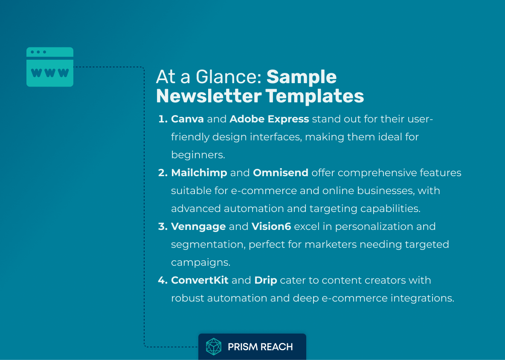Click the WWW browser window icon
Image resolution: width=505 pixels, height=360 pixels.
[50, 67]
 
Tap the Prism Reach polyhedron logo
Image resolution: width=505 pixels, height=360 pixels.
[214, 347]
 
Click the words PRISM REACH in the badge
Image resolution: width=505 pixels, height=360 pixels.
[260, 347]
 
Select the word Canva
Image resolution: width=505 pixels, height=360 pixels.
[187, 119]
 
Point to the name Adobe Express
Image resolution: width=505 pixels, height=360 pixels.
[269, 119]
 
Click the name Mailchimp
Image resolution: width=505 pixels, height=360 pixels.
[199, 173]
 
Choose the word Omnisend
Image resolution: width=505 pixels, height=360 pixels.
[281, 173]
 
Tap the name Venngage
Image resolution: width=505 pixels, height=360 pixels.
[198, 226]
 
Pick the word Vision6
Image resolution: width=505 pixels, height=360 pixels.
[271, 226]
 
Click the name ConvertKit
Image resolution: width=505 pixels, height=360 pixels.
[200, 280]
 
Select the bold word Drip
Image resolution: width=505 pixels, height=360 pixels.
[266, 280]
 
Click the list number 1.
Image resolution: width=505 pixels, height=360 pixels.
[163, 119]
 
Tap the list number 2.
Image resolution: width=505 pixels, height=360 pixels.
[163, 173]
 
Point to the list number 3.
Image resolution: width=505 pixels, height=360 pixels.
[163, 226]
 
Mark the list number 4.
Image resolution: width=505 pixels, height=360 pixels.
[163, 280]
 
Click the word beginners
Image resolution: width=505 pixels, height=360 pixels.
[198, 155]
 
